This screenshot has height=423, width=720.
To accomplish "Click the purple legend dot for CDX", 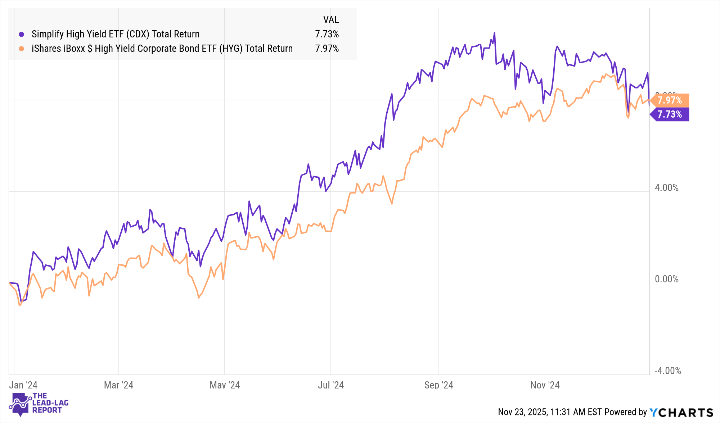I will coord(22,35).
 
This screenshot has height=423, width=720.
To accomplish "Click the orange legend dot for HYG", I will coord(22,49).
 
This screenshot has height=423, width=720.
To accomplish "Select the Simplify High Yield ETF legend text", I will coord(115,34).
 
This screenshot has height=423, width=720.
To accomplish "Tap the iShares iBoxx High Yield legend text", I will coord(162,49).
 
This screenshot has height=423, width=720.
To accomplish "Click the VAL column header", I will coord(330,20).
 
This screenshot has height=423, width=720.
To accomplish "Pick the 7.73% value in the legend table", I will coord(327,34).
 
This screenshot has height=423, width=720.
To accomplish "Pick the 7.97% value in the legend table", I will coord(327,49).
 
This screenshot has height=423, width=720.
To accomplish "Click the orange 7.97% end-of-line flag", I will coord(670,100).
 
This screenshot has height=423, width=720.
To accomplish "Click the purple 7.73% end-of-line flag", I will coord(670,114).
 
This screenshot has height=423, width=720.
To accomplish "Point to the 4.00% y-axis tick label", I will coord(666,188).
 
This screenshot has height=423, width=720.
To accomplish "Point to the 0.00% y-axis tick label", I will coord(666,279).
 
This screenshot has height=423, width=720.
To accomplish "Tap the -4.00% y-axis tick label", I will coord(667,371).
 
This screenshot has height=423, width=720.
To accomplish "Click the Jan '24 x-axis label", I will coord(23,385).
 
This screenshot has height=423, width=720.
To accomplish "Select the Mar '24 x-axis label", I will coord(118,385).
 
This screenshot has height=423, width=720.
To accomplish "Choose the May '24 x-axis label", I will coord(225,385).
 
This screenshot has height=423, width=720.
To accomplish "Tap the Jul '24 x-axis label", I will coord(330,385).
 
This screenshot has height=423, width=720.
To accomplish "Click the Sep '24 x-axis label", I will coord(438,385).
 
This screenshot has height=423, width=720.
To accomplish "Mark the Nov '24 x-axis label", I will coord(545,385).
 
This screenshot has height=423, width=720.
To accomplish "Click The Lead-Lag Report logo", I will coord(39,404).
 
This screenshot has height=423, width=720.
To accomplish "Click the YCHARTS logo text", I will coord(681,412).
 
